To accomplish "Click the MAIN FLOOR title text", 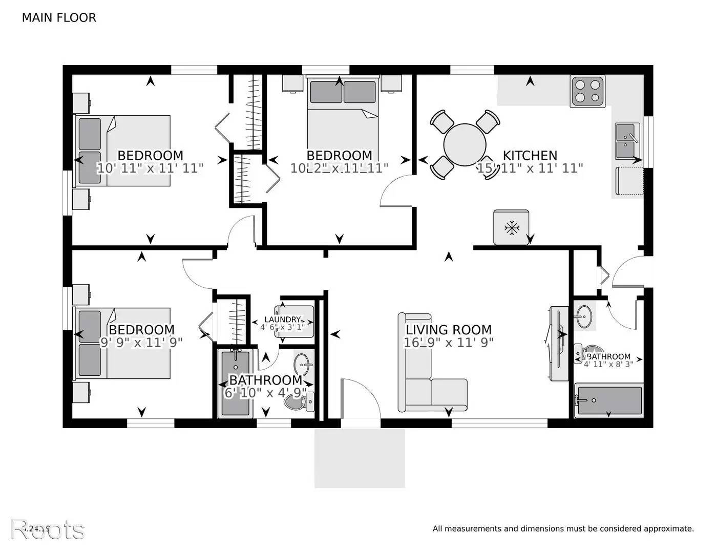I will pos(59,18).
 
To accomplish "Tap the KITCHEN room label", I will pos(530,155).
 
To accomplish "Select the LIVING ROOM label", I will pos(448,330).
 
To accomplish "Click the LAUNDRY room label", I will pos(282,320).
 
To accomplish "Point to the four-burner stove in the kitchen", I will pos(587,92).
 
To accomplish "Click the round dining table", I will pos(465,144).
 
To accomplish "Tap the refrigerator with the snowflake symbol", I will pos(511,227).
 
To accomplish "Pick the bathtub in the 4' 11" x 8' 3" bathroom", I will pos(608,400).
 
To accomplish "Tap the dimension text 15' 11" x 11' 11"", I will pos(530,168).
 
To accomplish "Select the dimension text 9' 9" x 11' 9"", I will pos(141,343).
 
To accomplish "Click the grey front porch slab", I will pos(360,458).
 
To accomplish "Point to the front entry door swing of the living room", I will pos(361,397).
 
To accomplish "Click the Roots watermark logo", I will pos(48,529).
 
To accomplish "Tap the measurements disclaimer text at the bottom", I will pos(563,528).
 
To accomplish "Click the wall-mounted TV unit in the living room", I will pos(557,344).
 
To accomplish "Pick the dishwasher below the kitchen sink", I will pos(629,182).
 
